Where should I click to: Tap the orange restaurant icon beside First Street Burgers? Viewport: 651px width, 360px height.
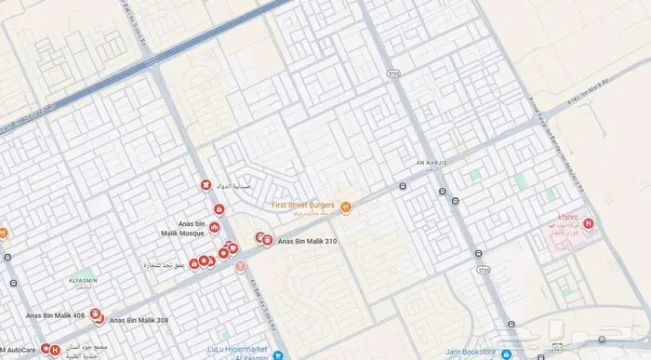(x=345, y=206)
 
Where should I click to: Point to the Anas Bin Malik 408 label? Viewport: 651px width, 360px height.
(x=56, y=316)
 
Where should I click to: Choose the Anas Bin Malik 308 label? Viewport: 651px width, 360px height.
(x=139, y=320)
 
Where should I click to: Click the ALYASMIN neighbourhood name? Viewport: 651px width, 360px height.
(x=71, y=279)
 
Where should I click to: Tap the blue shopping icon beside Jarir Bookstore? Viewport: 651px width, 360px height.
(x=504, y=353)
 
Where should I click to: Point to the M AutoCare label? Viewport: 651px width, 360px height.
(x=19, y=350)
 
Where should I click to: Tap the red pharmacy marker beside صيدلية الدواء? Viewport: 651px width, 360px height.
(x=205, y=185)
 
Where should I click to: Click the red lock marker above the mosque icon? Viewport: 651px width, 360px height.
(x=219, y=209)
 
